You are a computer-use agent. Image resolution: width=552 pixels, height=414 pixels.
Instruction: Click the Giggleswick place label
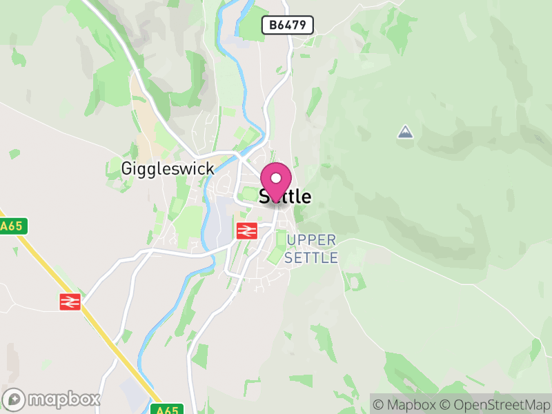pos(167,168)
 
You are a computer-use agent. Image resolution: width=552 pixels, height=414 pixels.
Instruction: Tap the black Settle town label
pos(285,197)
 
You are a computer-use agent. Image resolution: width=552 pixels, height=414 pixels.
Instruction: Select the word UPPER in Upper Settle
pos(311,240)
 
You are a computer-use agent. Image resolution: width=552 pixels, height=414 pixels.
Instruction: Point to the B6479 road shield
pos(288,26)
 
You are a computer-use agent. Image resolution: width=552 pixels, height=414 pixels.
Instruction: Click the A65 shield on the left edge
pos(11,226)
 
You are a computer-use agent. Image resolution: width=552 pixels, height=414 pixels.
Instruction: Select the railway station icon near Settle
pos(246,230)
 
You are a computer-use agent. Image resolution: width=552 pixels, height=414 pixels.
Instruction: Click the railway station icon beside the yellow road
pos(70,301)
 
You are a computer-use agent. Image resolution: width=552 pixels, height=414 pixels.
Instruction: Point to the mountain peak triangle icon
pos(406,131)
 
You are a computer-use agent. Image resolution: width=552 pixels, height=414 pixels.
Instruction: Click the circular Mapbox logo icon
pos(14,399)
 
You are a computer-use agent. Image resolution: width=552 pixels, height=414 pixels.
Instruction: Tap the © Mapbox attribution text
pos(406,404)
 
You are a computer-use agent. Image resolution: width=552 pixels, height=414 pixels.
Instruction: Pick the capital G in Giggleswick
pos(127,168)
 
